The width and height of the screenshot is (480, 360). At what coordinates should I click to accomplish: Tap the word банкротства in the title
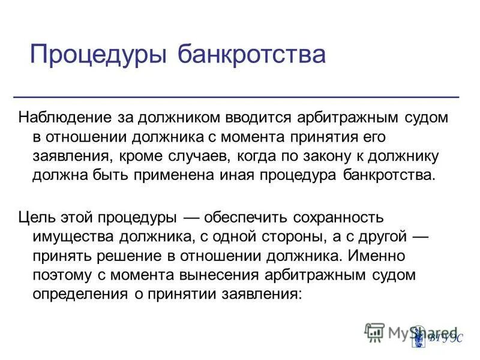(x=251, y=55)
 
